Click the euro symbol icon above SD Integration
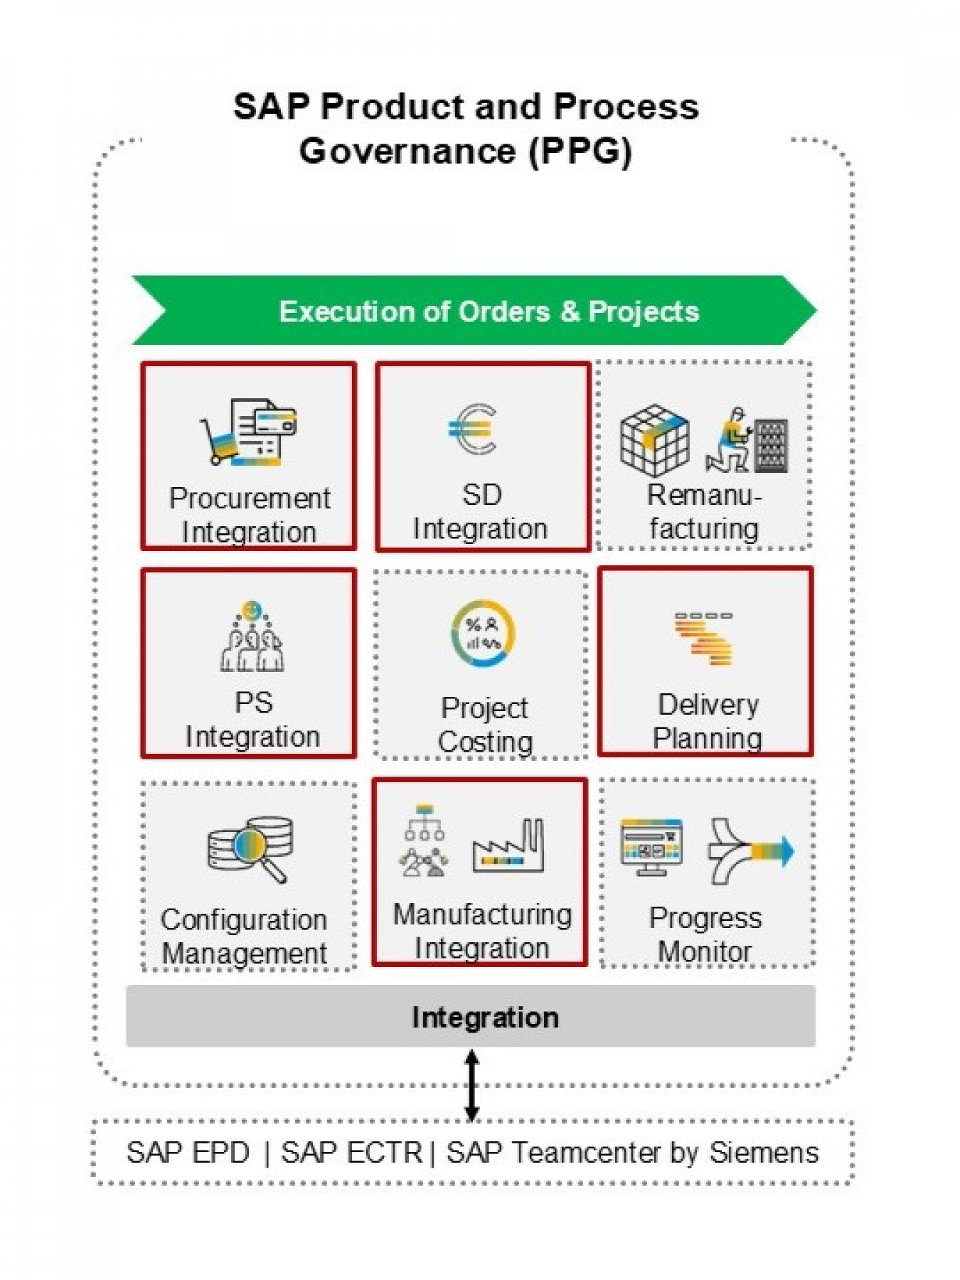click(x=473, y=429)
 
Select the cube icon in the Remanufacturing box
click(x=654, y=440)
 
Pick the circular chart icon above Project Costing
click(x=483, y=634)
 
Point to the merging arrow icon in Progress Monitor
click(x=750, y=850)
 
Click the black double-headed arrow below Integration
click(x=471, y=1085)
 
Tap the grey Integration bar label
click(x=485, y=1018)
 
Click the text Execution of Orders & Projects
click(x=489, y=311)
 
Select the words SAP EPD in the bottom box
click(x=188, y=1153)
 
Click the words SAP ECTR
click(x=351, y=1153)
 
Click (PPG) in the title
click(x=580, y=151)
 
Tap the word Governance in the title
click(x=407, y=151)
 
